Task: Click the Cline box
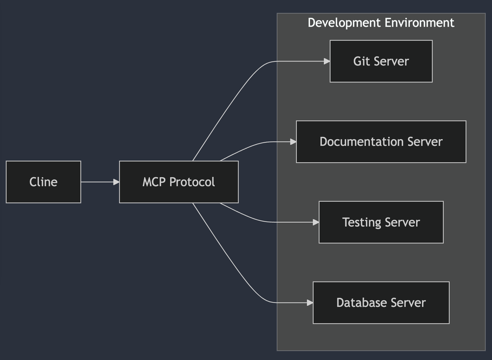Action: pyautogui.click(x=43, y=182)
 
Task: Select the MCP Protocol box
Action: pyautogui.click(x=179, y=182)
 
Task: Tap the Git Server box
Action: pyautogui.click(x=381, y=61)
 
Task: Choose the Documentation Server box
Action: pyautogui.click(x=381, y=142)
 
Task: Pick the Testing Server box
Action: pyautogui.click(x=381, y=222)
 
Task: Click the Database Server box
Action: pyautogui.click(x=381, y=302)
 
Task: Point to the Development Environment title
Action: pyautogui.click(x=381, y=23)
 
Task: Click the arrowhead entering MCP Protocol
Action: pyautogui.click(x=117, y=182)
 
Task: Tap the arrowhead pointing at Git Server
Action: pyautogui.click(x=327, y=61)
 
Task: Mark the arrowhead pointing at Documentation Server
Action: pyautogui.click(x=293, y=142)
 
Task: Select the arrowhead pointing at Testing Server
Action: pyautogui.click(x=316, y=222)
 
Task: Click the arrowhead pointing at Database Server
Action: pyautogui.click(x=310, y=302)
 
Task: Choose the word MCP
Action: pyautogui.click(x=154, y=182)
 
